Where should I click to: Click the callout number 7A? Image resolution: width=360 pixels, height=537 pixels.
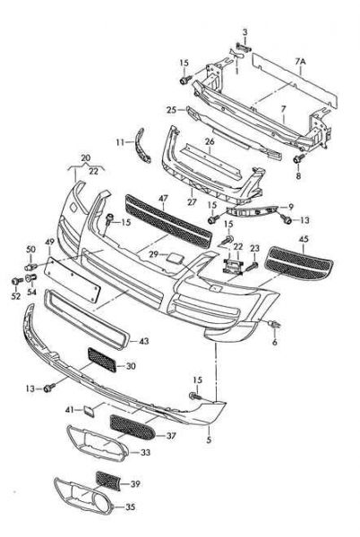tap(300, 62)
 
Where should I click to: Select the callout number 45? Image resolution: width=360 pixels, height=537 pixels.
tap(304, 239)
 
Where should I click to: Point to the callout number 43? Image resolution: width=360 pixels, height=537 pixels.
tap(144, 341)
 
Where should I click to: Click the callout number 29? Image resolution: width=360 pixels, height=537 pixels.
tap(154, 254)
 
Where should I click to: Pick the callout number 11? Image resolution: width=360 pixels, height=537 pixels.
tap(121, 141)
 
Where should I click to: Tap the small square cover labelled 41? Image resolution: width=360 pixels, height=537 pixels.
tap(86, 410)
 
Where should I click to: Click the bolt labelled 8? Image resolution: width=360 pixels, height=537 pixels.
tap(299, 159)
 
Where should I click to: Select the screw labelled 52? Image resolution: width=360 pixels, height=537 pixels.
tap(16, 281)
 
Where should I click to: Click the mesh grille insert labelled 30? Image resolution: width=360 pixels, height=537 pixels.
tap(102, 361)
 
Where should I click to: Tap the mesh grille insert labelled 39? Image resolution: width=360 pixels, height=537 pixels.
tap(108, 481)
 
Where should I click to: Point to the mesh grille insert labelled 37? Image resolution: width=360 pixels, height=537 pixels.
tap(133, 428)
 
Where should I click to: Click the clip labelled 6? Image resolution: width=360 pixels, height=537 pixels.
tap(275, 324)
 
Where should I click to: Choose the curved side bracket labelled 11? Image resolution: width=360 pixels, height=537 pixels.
tap(143, 146)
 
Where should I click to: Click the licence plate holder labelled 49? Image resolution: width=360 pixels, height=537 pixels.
tap(73, 280)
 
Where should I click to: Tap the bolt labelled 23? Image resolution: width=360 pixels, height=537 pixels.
tap(253, 266)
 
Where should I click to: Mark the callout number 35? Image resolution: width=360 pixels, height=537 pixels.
tap(130, 507)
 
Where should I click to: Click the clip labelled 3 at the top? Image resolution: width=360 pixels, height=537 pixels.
tap(243, 47)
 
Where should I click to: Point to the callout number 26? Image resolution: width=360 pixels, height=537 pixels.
tap(210, 141)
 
